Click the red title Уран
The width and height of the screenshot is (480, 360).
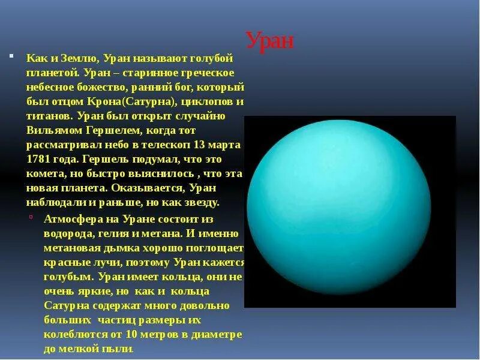(270, 41)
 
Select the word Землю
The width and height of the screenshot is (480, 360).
(78, 59)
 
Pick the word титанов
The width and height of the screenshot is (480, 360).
(48, 116)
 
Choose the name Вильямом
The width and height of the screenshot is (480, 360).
(53, 130)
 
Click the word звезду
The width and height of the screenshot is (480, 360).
(202, 202)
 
